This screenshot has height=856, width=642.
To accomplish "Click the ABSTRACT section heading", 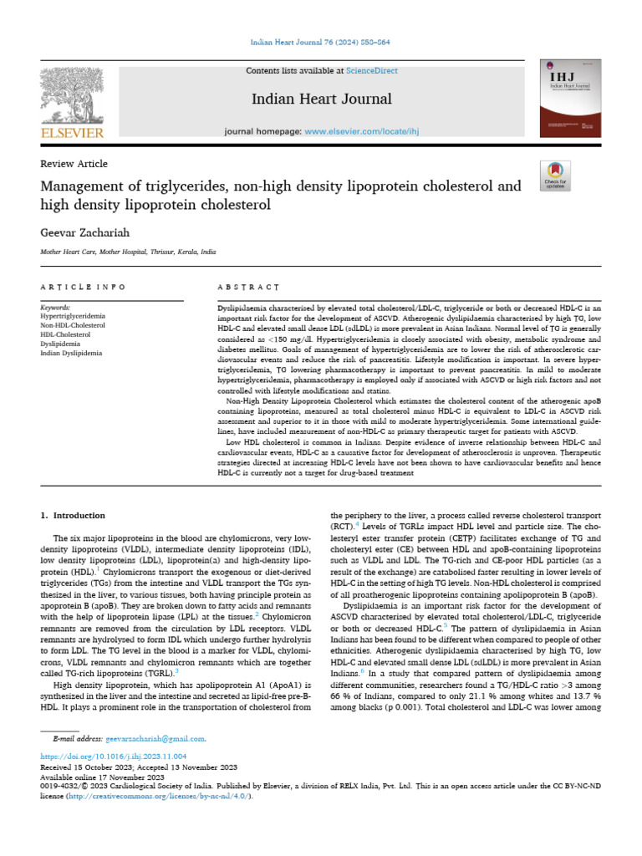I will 248,287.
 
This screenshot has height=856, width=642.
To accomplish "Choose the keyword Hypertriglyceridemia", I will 73,317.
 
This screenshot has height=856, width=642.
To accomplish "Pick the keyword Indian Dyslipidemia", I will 71,354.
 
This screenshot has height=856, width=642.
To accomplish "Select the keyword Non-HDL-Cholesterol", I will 72,326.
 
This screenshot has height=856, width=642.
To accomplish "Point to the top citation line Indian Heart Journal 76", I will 320,43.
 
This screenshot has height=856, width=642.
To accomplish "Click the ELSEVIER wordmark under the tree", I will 72,132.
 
